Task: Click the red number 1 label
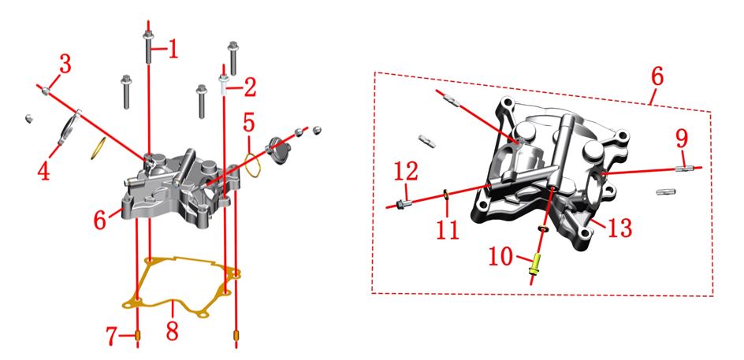173,49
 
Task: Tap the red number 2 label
250,87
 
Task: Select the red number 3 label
65,64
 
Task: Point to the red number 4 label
43,171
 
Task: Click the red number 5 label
249,124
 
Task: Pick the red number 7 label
112,336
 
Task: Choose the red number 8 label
173,332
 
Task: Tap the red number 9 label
682,139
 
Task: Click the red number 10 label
501,258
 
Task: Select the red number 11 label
448,230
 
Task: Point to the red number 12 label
406,171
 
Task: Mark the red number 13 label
620,228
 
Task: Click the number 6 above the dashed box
657,76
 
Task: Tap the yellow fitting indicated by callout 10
535,265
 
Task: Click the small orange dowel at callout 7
138,336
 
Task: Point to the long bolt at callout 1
147,47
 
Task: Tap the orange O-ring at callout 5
252,165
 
